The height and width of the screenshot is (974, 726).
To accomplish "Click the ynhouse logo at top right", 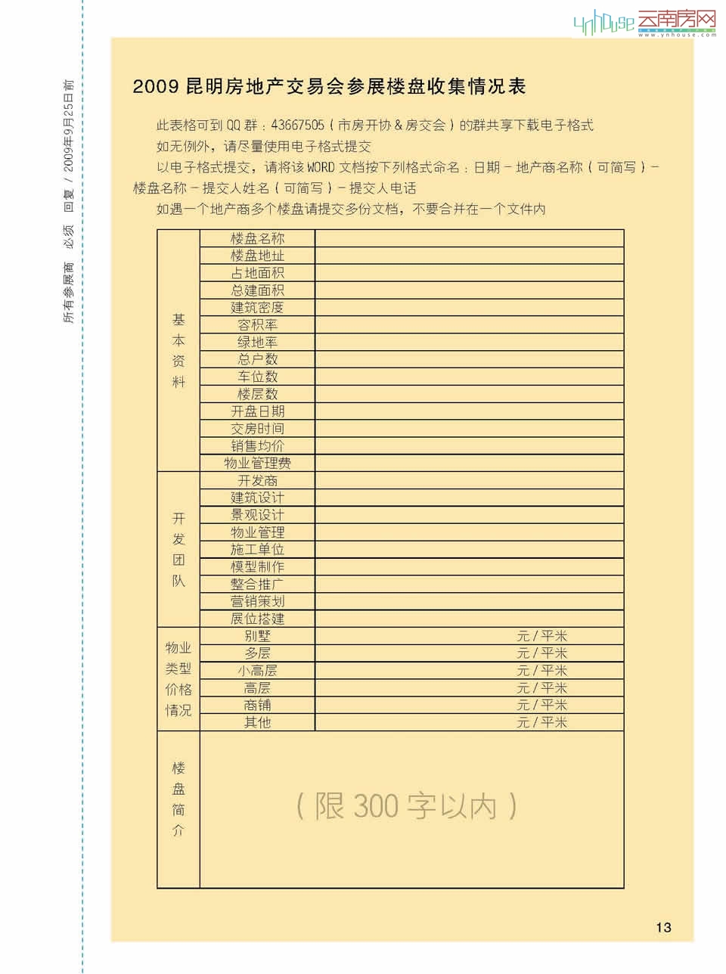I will tap(644, 23).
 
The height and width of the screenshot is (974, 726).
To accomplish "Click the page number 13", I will tap(663, 927).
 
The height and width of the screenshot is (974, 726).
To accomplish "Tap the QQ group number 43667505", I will tap(297, 126).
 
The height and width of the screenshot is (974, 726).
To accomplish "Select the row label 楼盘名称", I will tap(257, 238).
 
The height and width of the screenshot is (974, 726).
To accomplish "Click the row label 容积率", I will tap(257, 325).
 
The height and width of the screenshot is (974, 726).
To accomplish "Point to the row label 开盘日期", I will tap(257, 411).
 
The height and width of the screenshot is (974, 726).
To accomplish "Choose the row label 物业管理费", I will tap(257, 463).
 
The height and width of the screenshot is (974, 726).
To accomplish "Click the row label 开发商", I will tap(257, 481).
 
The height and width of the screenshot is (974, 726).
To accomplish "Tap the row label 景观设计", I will tap(257, 515).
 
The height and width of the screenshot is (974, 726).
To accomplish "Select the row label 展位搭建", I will tap(257, 619).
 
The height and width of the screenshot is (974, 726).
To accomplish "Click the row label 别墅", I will tap(257, 636).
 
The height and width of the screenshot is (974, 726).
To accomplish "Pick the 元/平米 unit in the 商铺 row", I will tap(541, 705).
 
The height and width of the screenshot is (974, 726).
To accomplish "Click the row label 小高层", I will tap(257, 671).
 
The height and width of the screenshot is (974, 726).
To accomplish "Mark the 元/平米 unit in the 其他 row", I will tap(541, 722).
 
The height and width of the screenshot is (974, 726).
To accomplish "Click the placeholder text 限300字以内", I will tap(407, 806).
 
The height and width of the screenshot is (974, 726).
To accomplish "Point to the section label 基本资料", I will tap(178, 350).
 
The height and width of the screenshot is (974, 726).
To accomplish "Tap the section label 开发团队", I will tap(178, 549).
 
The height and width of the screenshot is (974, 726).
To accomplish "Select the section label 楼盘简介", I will tap(178, 799).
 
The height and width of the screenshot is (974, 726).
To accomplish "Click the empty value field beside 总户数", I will tap(469, 359).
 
